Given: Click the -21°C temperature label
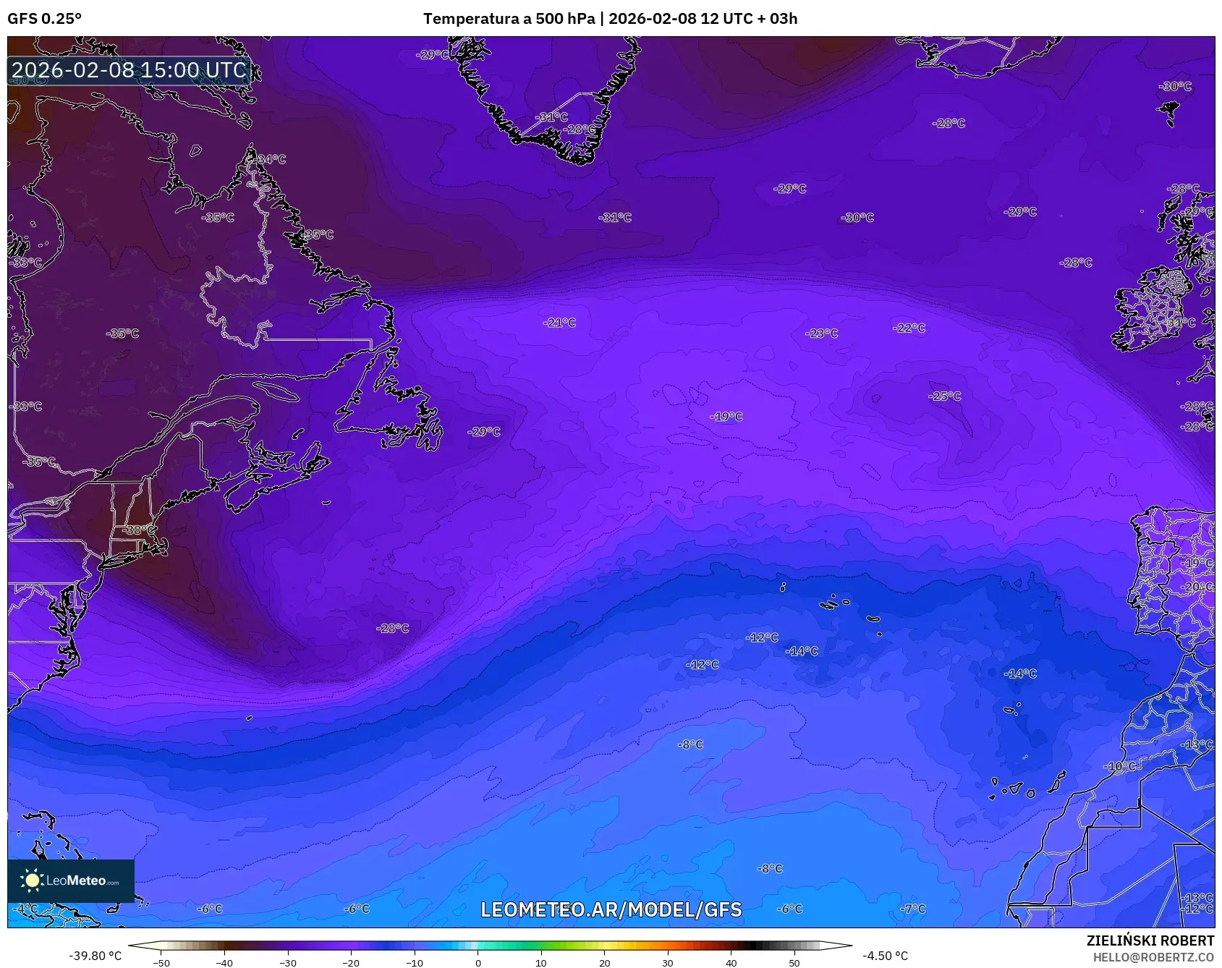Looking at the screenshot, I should point(559,323).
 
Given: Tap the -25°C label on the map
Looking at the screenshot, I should point(945,396).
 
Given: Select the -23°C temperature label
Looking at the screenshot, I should point(822,334).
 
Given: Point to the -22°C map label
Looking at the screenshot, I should point(909,328).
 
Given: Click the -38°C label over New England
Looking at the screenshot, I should point(137,530).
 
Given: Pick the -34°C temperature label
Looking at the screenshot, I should point(271,159).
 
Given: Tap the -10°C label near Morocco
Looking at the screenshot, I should point(1119,766).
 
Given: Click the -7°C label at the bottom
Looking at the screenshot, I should point(913,909).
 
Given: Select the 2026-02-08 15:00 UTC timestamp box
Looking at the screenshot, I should point(129,70).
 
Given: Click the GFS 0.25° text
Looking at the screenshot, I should point(44,19).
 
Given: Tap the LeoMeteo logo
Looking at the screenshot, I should point(71,880).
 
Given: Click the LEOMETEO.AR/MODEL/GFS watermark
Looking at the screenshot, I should point(611,909).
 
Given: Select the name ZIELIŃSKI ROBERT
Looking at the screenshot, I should point(1150,941).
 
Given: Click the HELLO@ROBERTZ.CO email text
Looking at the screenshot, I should point(1153,957).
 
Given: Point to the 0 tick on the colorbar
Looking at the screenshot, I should point(478,963).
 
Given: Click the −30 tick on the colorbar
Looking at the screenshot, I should point(288,963).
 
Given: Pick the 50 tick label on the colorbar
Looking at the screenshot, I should point(794,963).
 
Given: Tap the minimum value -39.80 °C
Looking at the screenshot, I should point(96,956).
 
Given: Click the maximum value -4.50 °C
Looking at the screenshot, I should point(885,956).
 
